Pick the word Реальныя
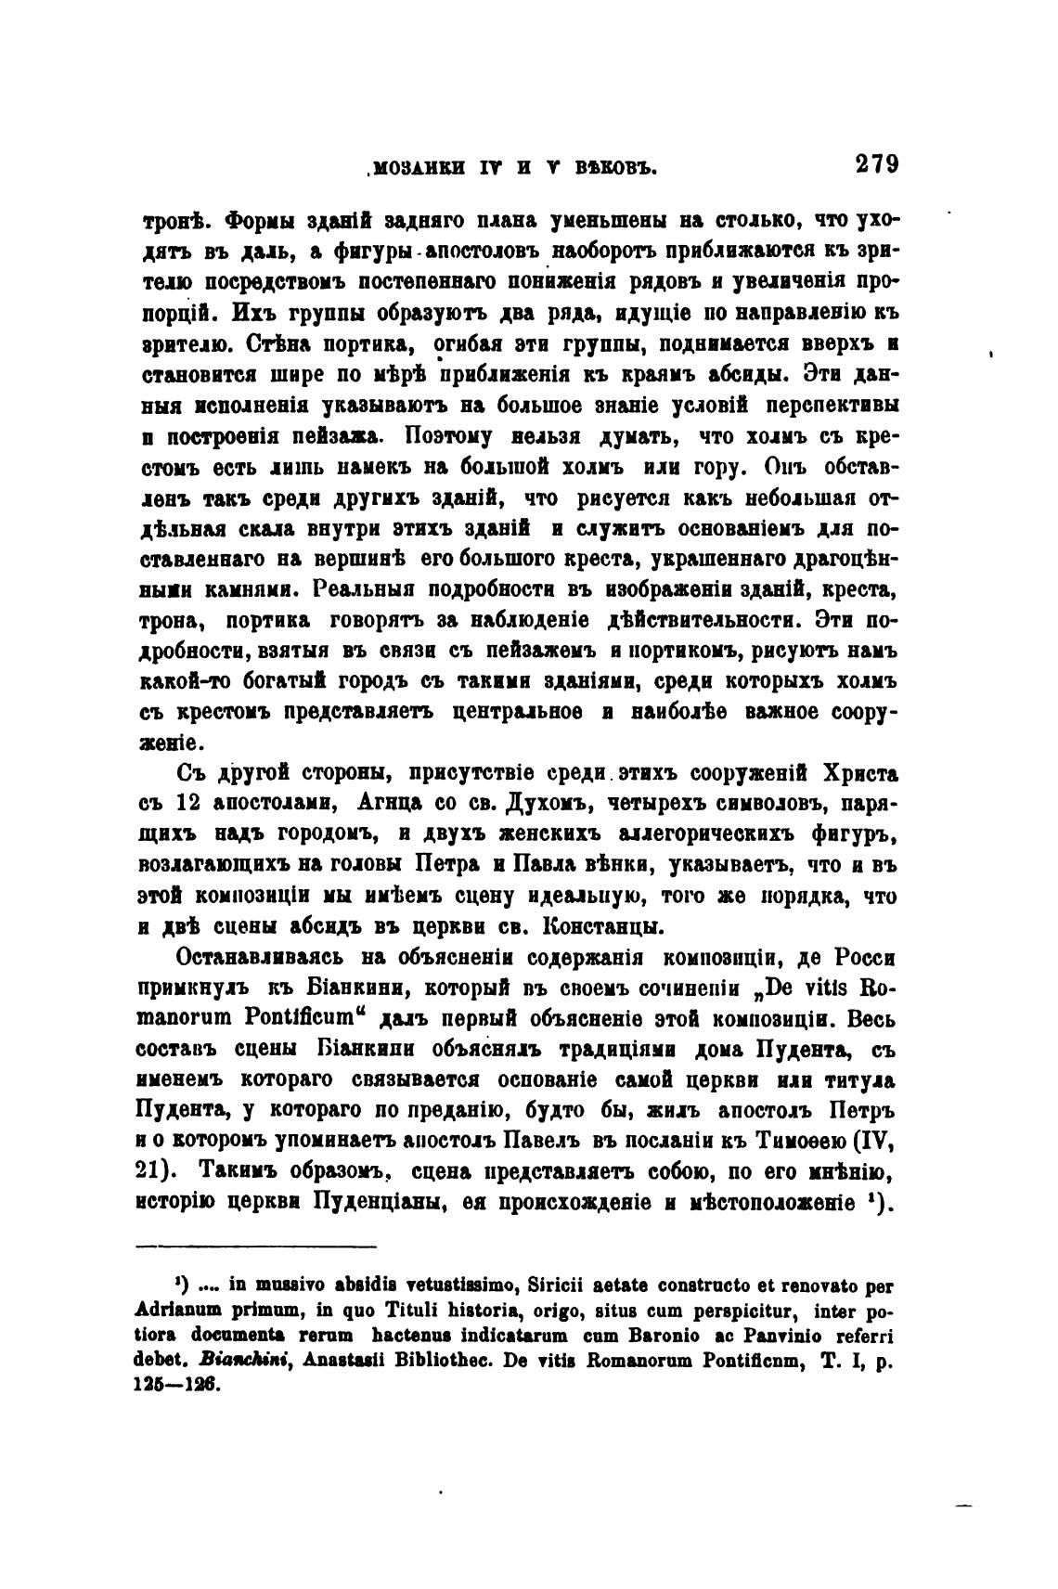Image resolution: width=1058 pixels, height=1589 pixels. (366, 588)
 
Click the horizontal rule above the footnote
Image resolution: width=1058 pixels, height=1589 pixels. (256, 1247)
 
